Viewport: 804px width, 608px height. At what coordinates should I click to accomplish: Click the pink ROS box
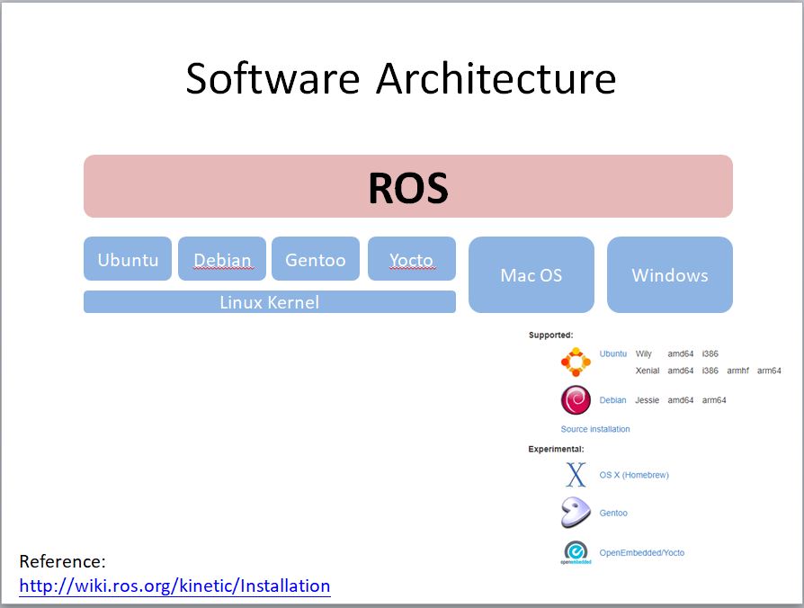[x=407, y=186]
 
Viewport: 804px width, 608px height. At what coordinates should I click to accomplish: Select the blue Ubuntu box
[x=128, y=259]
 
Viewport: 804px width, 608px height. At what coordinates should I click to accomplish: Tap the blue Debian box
[x=222, y=259]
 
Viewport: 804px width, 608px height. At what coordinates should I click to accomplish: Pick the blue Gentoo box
[x=316, y=259]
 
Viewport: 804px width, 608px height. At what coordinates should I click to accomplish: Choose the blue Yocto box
[x=411, y=259]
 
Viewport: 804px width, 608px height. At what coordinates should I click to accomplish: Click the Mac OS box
[x=531, y=275]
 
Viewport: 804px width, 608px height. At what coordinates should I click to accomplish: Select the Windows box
[x=669, y=275]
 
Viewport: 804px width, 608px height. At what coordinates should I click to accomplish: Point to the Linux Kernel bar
[x=269, y=302]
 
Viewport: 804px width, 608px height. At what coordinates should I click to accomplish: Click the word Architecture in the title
[x=496, y=78]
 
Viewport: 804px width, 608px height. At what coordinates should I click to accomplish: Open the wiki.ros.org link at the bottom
[x=174, y=586]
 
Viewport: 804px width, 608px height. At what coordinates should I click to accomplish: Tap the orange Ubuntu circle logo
[x=576, y=362]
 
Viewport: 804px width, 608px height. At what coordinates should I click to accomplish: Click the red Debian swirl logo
[x=576, y=400]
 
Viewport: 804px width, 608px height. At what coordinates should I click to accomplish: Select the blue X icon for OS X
[x=576, y=475]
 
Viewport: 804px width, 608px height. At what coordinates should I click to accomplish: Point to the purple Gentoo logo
[x=576, y=513]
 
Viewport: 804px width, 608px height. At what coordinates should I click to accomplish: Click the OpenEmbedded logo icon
[x=576, y=552]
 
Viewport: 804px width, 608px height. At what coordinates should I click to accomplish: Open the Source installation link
[x=595, y=429]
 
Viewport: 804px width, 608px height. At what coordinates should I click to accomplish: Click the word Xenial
[x=647, y=371]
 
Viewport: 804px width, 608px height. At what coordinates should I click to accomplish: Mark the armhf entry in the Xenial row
[x=737, y=371]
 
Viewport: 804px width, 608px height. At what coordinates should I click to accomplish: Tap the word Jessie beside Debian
[x=647, y=400]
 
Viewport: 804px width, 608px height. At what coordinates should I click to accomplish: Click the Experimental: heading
[x=556, y=449]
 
